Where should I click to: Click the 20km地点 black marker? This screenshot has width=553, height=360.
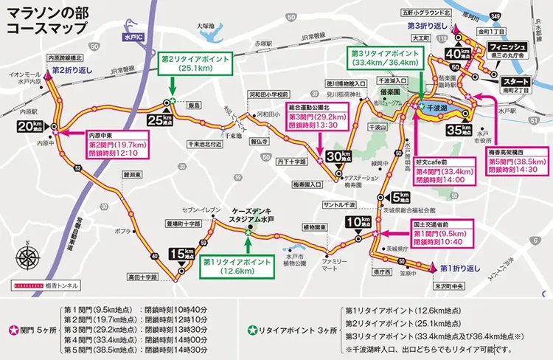point(25,127)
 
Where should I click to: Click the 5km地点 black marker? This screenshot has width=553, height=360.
point(398,197)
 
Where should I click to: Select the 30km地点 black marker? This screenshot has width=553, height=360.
point(338,156)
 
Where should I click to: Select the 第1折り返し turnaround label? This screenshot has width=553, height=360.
point(462,268)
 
